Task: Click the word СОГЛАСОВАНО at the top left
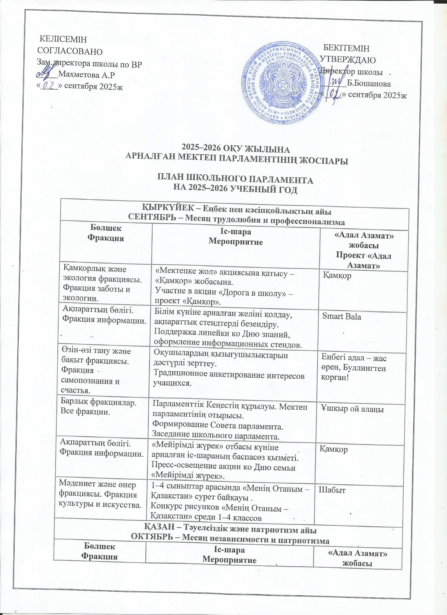coord(70,51)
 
